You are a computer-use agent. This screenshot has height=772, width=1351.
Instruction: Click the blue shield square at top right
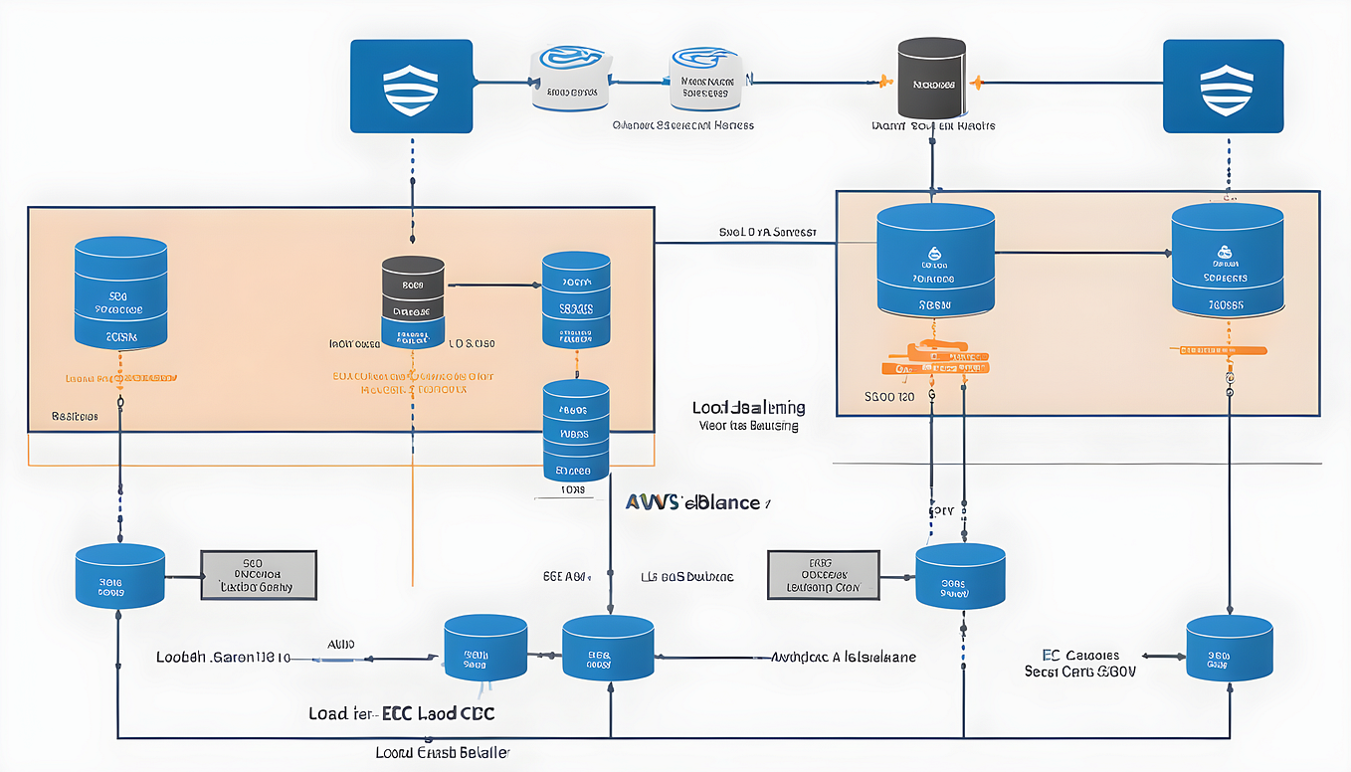click(1223, 86)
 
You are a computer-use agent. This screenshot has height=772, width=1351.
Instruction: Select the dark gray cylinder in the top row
click(932, 80)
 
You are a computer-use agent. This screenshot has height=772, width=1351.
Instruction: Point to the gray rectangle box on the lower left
click(259, 575)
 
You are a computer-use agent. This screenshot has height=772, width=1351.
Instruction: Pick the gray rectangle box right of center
click(824, 575)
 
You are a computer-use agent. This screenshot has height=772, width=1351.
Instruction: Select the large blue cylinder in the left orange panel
click(120, 293)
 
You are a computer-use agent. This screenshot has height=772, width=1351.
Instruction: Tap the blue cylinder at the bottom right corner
click(1230, 648)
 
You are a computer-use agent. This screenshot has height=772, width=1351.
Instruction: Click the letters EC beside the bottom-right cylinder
click(1051, 655)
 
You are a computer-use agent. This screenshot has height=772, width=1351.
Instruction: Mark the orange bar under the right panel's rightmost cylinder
click(1222, 350)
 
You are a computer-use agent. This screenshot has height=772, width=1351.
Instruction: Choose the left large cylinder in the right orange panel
click(935, 261)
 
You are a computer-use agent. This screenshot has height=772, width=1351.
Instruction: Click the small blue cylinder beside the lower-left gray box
click(119, 577)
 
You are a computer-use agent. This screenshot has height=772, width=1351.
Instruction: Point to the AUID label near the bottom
click(340, 645)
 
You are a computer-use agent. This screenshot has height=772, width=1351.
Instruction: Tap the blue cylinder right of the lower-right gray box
click(960, 576)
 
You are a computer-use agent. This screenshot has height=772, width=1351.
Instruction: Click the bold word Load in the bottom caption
click(329, 713)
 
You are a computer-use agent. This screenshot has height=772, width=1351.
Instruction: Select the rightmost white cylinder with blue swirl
click(704, 78)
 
